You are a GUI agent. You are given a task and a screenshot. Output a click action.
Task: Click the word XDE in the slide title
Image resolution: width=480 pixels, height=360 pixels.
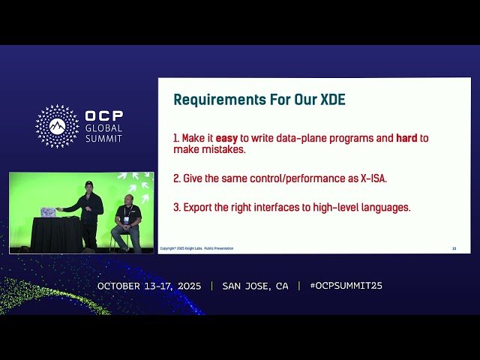(x=331, y=99)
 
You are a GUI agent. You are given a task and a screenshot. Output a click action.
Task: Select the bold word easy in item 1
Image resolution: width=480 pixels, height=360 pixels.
(x=226, y=139)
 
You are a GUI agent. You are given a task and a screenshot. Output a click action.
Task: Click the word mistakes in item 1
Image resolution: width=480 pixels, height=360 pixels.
(x=222, y=150)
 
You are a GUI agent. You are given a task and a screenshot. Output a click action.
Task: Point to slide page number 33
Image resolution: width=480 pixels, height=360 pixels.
(x=454, y=248)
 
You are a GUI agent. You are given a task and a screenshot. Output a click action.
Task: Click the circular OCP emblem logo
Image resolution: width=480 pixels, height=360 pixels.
(x=57, y=126)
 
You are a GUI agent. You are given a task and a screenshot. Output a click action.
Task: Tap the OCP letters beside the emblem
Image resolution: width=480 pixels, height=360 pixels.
(x=103, y=116)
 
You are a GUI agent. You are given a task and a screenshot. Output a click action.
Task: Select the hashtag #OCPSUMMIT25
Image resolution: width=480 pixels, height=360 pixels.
(x=346, y=286)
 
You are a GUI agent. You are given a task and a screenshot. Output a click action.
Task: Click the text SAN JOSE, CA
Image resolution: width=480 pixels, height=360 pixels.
(x=255, y=286)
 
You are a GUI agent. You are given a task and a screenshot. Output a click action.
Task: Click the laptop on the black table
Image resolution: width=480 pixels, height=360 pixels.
(x=48, y=212)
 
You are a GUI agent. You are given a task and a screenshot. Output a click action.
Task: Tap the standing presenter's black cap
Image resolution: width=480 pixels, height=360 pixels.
(x=88, y=183)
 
